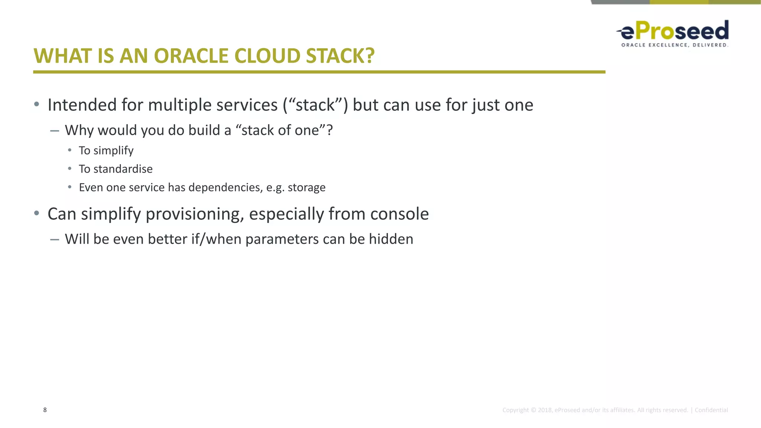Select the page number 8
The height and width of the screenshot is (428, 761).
[45, 410]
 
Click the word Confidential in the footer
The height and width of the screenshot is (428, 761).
[711, 410]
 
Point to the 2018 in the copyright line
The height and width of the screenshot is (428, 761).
[545, 410]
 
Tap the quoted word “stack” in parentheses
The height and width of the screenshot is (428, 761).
[315, 105]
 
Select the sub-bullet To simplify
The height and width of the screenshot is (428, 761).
[106, 150]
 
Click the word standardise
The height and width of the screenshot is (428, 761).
[123, 169]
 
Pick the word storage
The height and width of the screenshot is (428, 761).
[307, 188]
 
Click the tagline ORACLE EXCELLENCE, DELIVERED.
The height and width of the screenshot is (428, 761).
[674, 45]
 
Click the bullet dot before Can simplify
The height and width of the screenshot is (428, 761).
[36, 213]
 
